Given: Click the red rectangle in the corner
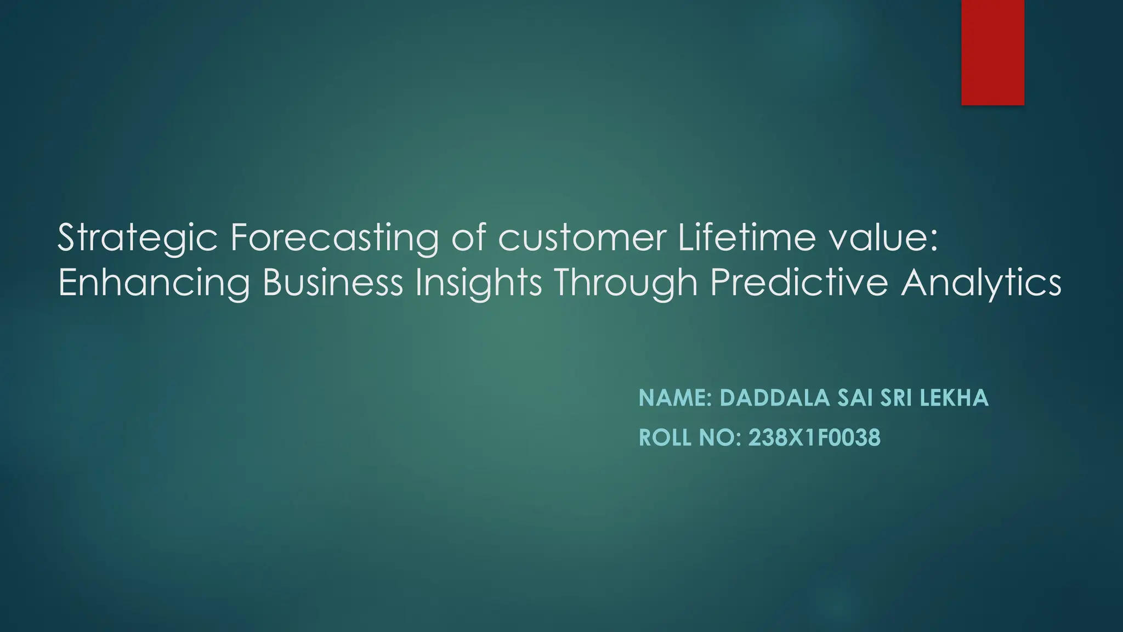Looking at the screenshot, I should [x=992, y=52].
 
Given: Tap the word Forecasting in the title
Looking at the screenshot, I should [x=334, y=238].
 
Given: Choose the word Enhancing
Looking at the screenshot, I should [x=154, y=283].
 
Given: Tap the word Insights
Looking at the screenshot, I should [x=478, y=283].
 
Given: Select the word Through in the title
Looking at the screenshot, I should [x=626, y=283].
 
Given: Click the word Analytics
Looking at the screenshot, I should [x=981, y=283].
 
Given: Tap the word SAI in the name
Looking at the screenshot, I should [x=855, y=398].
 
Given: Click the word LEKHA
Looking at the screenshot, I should [x=954, y=398].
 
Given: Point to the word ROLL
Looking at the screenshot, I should [x=665, y=438].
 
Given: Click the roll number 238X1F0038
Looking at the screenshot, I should [x=814, y=438].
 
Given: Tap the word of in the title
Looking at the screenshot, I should [x=469, y=238].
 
